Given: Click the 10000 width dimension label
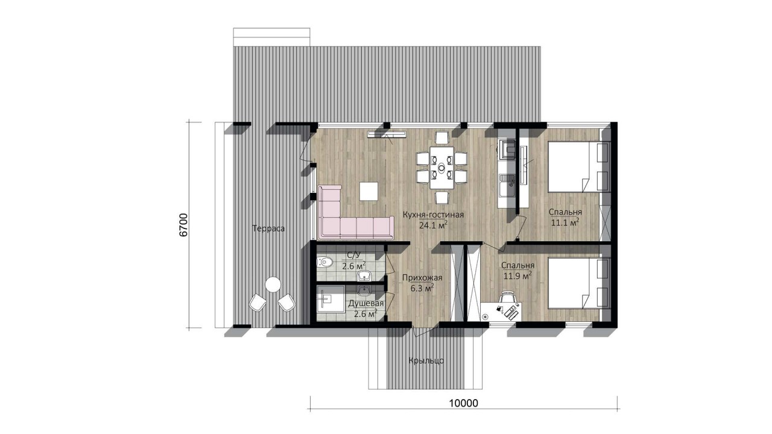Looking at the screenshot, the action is tap(464, 403).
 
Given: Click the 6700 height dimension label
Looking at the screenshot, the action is tap(184, 225).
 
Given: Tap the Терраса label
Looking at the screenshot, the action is tap(268, 228).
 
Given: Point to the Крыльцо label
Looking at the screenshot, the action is tap(426, 361).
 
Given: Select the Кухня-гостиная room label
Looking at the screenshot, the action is tap(433, 215).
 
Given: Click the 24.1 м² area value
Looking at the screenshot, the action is tap(433, 225).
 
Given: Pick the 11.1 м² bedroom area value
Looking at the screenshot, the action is tap(565, 222).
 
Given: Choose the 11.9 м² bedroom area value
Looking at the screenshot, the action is tap(517, 276).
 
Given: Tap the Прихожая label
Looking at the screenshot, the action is tap(422, 277).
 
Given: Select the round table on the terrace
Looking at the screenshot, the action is tap(273, 285).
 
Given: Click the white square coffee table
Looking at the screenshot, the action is tap(369, 192).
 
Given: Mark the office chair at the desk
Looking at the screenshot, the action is tap(508, 298).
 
